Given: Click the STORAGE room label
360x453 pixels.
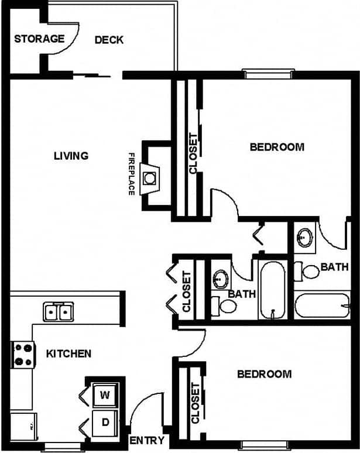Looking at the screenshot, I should pos(39,39).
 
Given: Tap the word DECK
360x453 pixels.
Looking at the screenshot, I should pos(109,40).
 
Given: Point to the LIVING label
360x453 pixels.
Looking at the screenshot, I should pos(71,156).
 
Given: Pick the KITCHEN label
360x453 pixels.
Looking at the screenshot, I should pos(68,354).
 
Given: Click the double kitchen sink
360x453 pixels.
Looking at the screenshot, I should pos(58,311).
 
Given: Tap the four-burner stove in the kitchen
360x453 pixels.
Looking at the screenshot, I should pos(23,355).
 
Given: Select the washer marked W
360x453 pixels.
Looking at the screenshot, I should pos(105,394).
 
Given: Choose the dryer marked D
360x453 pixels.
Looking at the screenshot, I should pos(105,422).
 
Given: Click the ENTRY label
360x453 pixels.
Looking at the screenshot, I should pos(146,441).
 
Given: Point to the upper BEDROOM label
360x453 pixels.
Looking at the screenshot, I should pos(277,147).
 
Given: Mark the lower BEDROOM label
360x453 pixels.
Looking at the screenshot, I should pos(264,374).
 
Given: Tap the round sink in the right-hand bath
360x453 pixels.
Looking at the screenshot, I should pos(304,237).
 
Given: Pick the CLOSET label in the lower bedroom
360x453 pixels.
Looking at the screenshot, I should pos(195,403).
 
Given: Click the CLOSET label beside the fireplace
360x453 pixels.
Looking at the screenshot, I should pos(193,153).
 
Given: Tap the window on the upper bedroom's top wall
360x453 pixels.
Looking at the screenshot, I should pos(268,74).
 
